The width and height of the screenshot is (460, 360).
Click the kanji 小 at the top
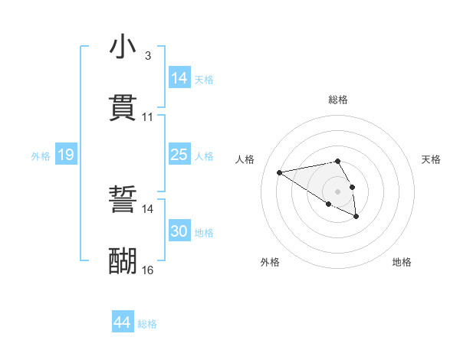(123, 47)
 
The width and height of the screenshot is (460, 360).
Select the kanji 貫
(123, 108)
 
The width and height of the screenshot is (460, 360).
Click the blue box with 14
(179, 78)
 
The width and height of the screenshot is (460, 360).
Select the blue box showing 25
(179, 155)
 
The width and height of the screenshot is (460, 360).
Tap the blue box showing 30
(179, 231)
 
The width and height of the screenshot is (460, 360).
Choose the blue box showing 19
(66, 155)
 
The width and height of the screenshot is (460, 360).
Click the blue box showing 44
(122, 322)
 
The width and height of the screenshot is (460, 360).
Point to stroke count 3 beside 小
(147, 56)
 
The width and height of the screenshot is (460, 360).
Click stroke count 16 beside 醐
(147, 270)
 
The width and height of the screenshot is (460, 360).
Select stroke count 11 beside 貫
(147, 117)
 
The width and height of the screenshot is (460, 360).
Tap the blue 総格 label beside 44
(147, 324)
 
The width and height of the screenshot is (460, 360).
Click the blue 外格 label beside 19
(41, 156)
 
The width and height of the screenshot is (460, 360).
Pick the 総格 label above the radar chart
(337, 100)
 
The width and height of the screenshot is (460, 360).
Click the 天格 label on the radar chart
(431, 159)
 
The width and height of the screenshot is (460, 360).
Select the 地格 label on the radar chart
(402, 262)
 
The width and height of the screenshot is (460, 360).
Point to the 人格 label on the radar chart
(245, 159)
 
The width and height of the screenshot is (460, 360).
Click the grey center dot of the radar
(337, 191)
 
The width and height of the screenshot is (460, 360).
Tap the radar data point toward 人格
(280, 172)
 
